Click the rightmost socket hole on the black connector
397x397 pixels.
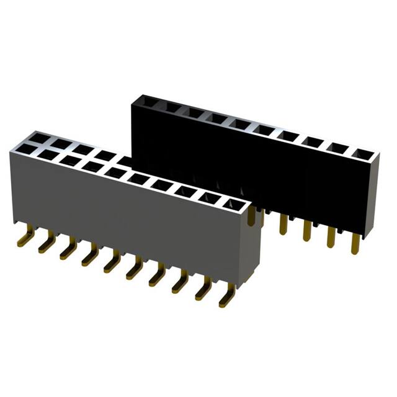362,153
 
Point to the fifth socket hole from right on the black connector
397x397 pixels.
263,130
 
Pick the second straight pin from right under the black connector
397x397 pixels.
331,236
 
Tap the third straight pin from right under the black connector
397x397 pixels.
306,230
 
